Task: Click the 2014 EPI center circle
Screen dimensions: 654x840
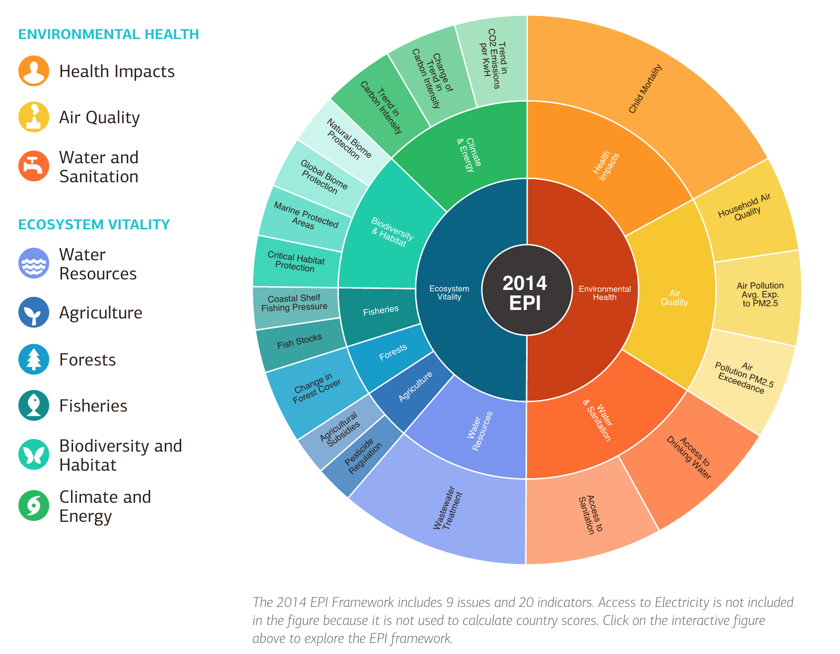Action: (x=526, y=290)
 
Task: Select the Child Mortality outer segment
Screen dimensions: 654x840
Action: (x=646, y=90)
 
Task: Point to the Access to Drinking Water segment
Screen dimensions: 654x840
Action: (x=688, y=458)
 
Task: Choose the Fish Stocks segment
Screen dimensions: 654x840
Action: (x=299, y=342)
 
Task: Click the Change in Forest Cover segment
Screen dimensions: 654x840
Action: (x=316, y=388)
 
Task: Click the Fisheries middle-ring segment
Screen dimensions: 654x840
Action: (x=380, y=310)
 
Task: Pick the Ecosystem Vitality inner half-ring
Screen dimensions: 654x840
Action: (x=449, y=292)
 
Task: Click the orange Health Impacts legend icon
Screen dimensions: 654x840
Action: (x=34, y=71)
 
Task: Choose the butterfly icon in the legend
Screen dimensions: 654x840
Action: (x=34, y=454)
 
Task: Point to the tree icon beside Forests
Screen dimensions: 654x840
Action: (x=34, y=359)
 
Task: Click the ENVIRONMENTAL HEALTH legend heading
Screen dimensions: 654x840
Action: (x=109, y=35)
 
